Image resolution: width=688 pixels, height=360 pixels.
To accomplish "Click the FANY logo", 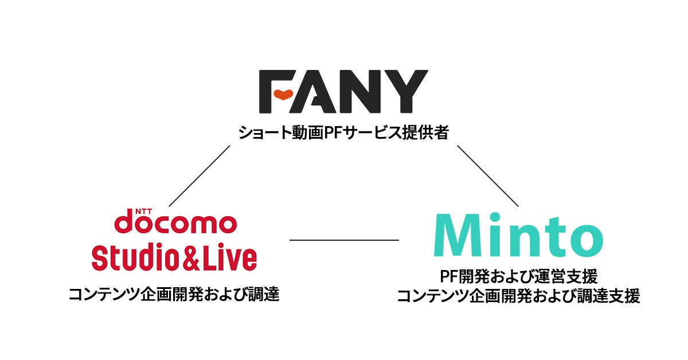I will (343, 91).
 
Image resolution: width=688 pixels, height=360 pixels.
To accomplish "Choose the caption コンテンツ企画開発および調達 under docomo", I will (174, 295).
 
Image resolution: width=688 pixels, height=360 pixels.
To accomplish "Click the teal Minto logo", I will (518, 236).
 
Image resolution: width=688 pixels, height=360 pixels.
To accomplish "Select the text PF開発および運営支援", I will (518, 277).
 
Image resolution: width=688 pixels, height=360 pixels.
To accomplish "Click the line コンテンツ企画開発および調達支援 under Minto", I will (518, 296).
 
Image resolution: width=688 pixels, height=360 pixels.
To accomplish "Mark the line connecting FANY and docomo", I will (200, 175).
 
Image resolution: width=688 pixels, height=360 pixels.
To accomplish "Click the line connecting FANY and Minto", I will (487, 175).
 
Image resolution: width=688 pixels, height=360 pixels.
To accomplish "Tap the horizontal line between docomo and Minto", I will (344, 240).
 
